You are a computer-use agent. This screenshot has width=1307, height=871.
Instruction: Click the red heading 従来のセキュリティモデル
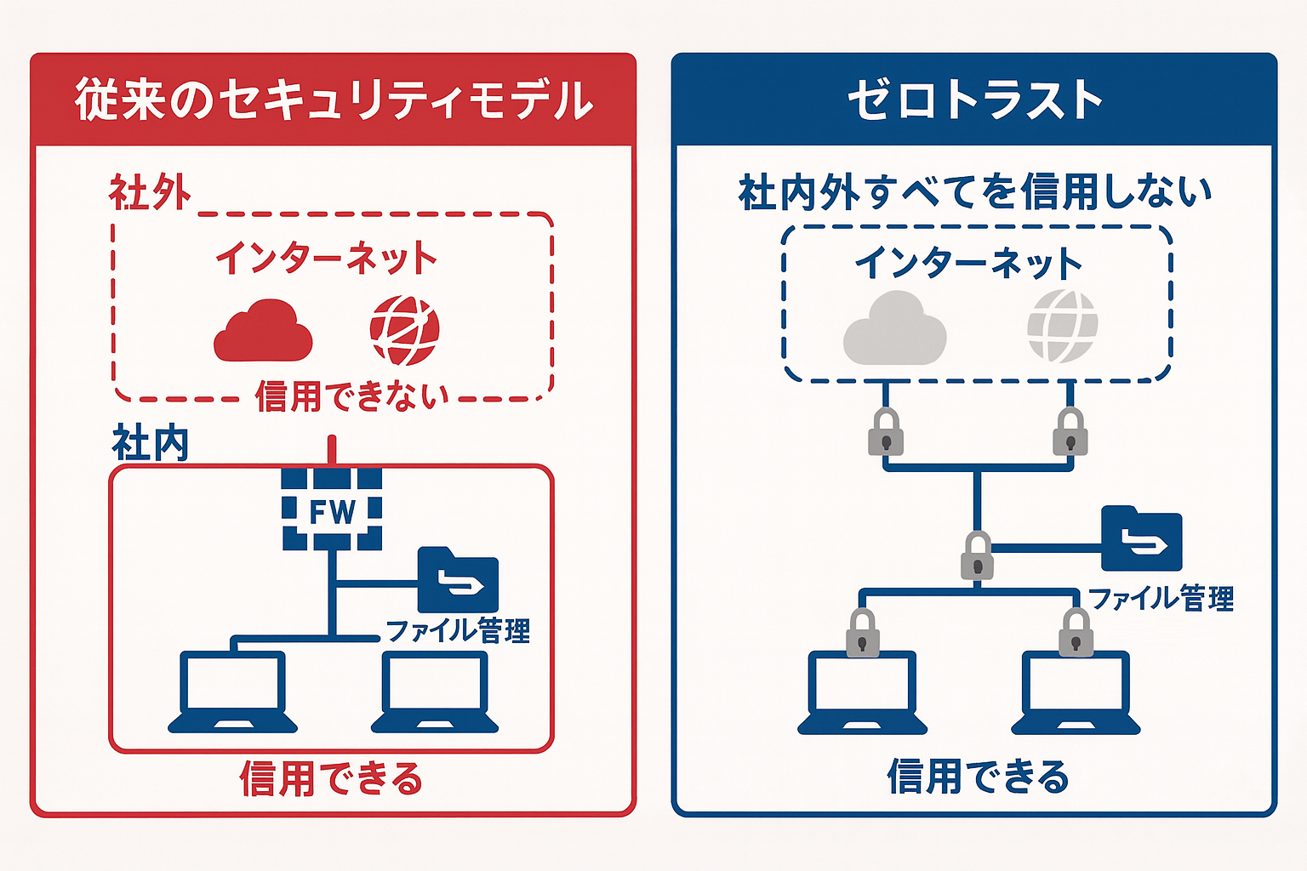[x=334, y=100]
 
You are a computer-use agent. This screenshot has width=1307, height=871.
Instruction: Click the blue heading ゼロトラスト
[x=975, y=100]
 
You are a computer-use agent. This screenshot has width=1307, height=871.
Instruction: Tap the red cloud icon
[x=263, y=332]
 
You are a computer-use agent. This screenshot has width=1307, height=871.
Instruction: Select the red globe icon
[x=404, y=330]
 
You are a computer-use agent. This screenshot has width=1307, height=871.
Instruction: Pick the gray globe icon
[x=1062, y=326]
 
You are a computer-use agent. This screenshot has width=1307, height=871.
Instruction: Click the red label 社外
[x=150, y=193]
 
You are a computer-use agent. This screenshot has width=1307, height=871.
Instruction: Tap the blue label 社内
[x=150, y=444]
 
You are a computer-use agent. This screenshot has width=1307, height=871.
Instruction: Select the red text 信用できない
[x=351, y=396]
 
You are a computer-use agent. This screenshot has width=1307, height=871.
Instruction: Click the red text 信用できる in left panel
[x=331, y=778]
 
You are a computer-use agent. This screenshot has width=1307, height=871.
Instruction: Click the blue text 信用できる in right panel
[x=978, y=776]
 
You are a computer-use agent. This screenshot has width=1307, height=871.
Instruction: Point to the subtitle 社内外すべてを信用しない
[x=975, y=192]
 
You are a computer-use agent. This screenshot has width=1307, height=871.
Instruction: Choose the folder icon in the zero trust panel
[x=1141, y=539]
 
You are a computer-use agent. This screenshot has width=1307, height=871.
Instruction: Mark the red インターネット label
[x=326, y=257]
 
